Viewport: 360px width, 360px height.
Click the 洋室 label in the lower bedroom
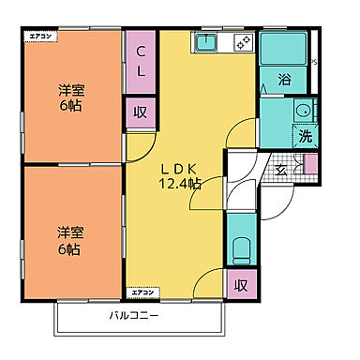67,231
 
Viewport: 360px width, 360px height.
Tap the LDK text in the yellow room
180,168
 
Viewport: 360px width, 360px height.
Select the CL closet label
141,59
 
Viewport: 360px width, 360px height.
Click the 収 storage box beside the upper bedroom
140,112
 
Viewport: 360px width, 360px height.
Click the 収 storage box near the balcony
240,284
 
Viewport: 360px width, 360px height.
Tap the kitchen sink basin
206,42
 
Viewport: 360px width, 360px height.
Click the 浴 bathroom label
284,81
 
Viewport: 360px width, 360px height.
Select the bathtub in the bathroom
284,50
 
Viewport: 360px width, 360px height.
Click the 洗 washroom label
306,136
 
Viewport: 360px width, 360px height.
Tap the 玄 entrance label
281,171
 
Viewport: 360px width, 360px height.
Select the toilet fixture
240,249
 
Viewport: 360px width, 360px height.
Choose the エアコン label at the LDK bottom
142,293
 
